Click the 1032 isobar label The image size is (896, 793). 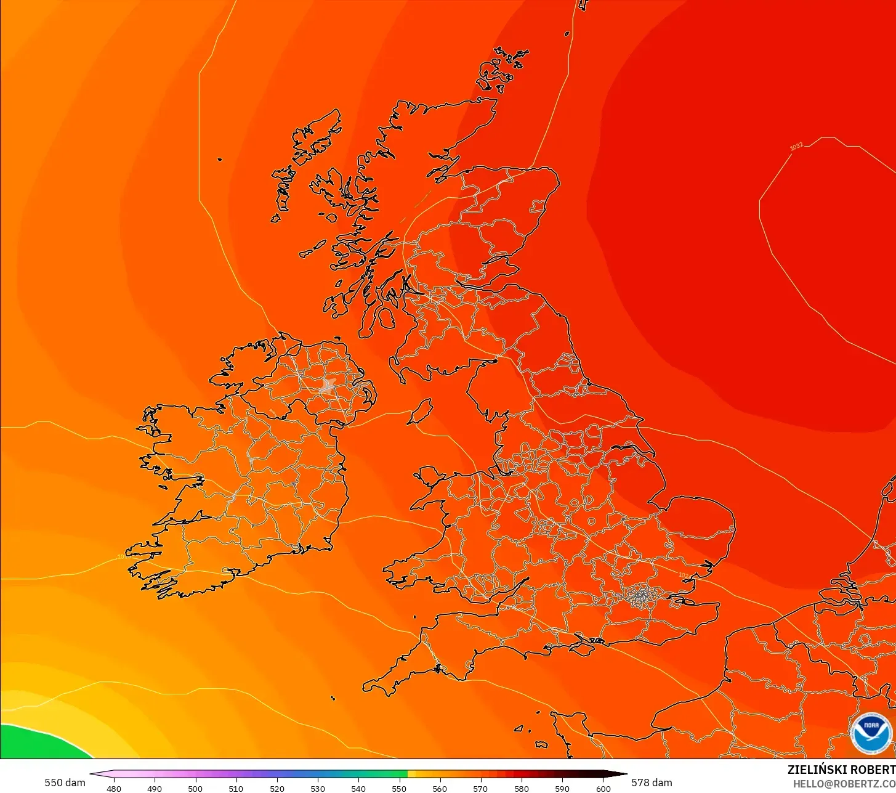pyautogui.click(x=796, y=147)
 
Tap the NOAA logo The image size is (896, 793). pyautogui.click(x=871, y=733)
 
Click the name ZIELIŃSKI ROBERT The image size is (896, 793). pyautogui.click(x=841, y=770)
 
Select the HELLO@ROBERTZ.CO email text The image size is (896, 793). pyautogui.click(x=844, y=783)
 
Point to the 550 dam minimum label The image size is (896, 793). pyautogui.click(x=65, y=783)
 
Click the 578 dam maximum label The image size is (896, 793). pyautogui.click(x=652, y=783)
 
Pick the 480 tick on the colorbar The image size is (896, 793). pyautogui.click(x=114, y=789)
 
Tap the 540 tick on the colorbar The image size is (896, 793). pyautogui.click(x=358, y=789)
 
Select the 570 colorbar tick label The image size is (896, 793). pyautogui.click(x=480, y=789)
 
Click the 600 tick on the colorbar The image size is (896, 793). pyautogui.click(x=603, y=789)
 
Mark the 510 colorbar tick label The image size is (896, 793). pyautogui.click(x=236, y=789)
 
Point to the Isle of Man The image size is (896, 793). pyautogui.click(x=421, y=411)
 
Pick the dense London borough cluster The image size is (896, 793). pyautogui.click(x=642, y=595)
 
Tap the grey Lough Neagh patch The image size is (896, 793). pyautogui.click(x=327, y=386)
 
